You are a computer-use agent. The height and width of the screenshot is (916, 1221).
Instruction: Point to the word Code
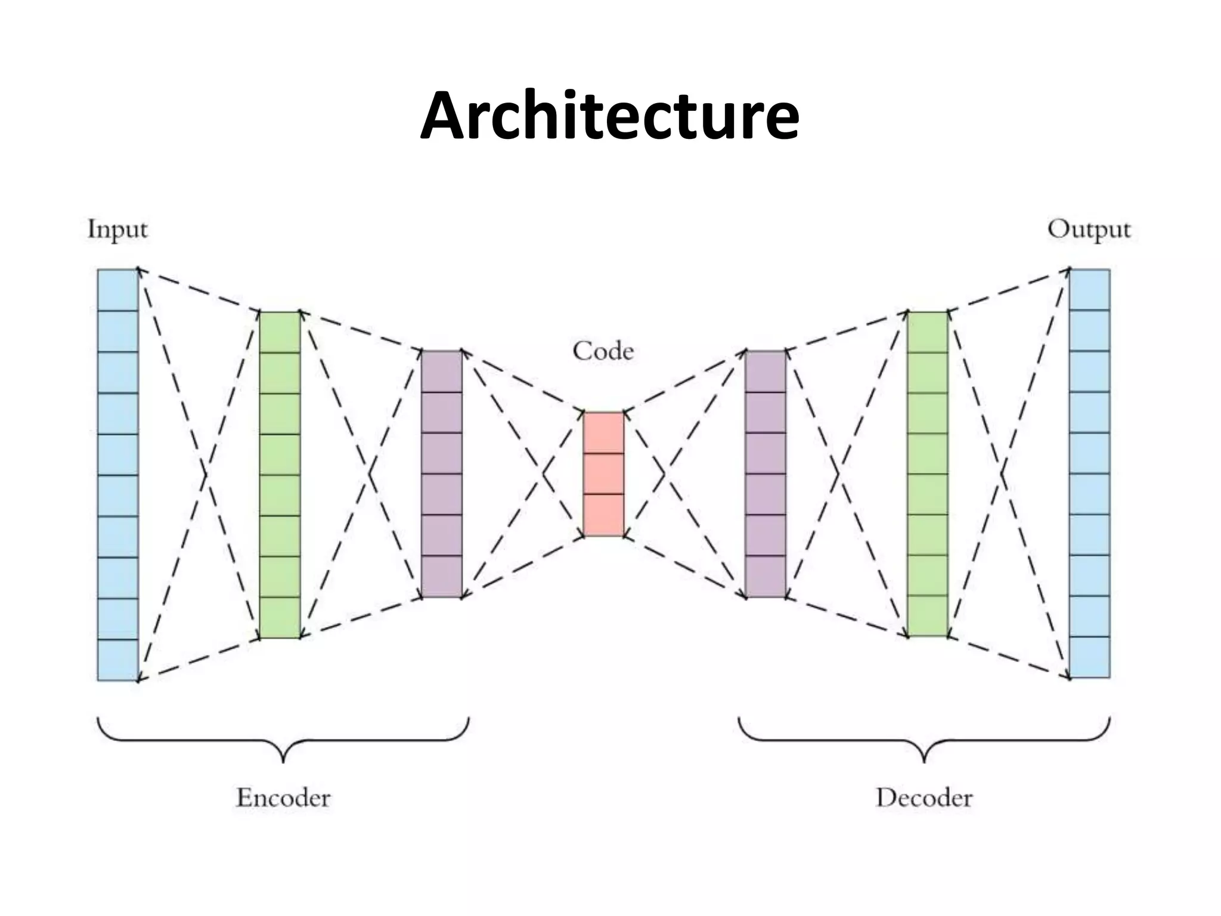tap(603, 351)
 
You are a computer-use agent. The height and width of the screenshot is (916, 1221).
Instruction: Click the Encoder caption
tap(283, 798)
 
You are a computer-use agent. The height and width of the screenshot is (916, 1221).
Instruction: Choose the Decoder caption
tap(924, 798)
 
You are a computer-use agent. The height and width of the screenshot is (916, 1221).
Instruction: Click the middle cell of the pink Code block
tap(603, 474)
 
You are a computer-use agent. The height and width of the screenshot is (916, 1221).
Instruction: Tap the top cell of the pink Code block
tap(603, 433)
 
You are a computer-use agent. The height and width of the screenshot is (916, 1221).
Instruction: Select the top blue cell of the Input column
tap(117, 290)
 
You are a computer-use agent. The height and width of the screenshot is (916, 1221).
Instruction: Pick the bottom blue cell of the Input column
tap(117, 660)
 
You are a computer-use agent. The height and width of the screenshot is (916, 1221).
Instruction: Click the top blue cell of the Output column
tap(1090, 290)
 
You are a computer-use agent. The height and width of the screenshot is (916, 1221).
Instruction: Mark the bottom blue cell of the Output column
tap(1090, 657)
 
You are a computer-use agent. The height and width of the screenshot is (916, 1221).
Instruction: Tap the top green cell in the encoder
tap(280, 332)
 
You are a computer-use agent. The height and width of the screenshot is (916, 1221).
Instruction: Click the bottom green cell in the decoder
tap(928, 616)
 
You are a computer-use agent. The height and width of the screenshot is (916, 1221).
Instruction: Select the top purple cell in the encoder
tap(442, 372)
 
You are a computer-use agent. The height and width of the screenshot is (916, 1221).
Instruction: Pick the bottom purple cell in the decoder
tap(766, 577)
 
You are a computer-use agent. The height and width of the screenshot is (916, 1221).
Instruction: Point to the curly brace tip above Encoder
tap(283, 760)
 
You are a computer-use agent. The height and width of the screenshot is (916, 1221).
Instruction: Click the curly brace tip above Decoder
tap(924, 760)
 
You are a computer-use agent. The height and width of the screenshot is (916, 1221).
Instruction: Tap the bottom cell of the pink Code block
tap(603, 515)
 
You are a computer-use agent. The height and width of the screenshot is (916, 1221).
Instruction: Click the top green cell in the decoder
tap(928, 332)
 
